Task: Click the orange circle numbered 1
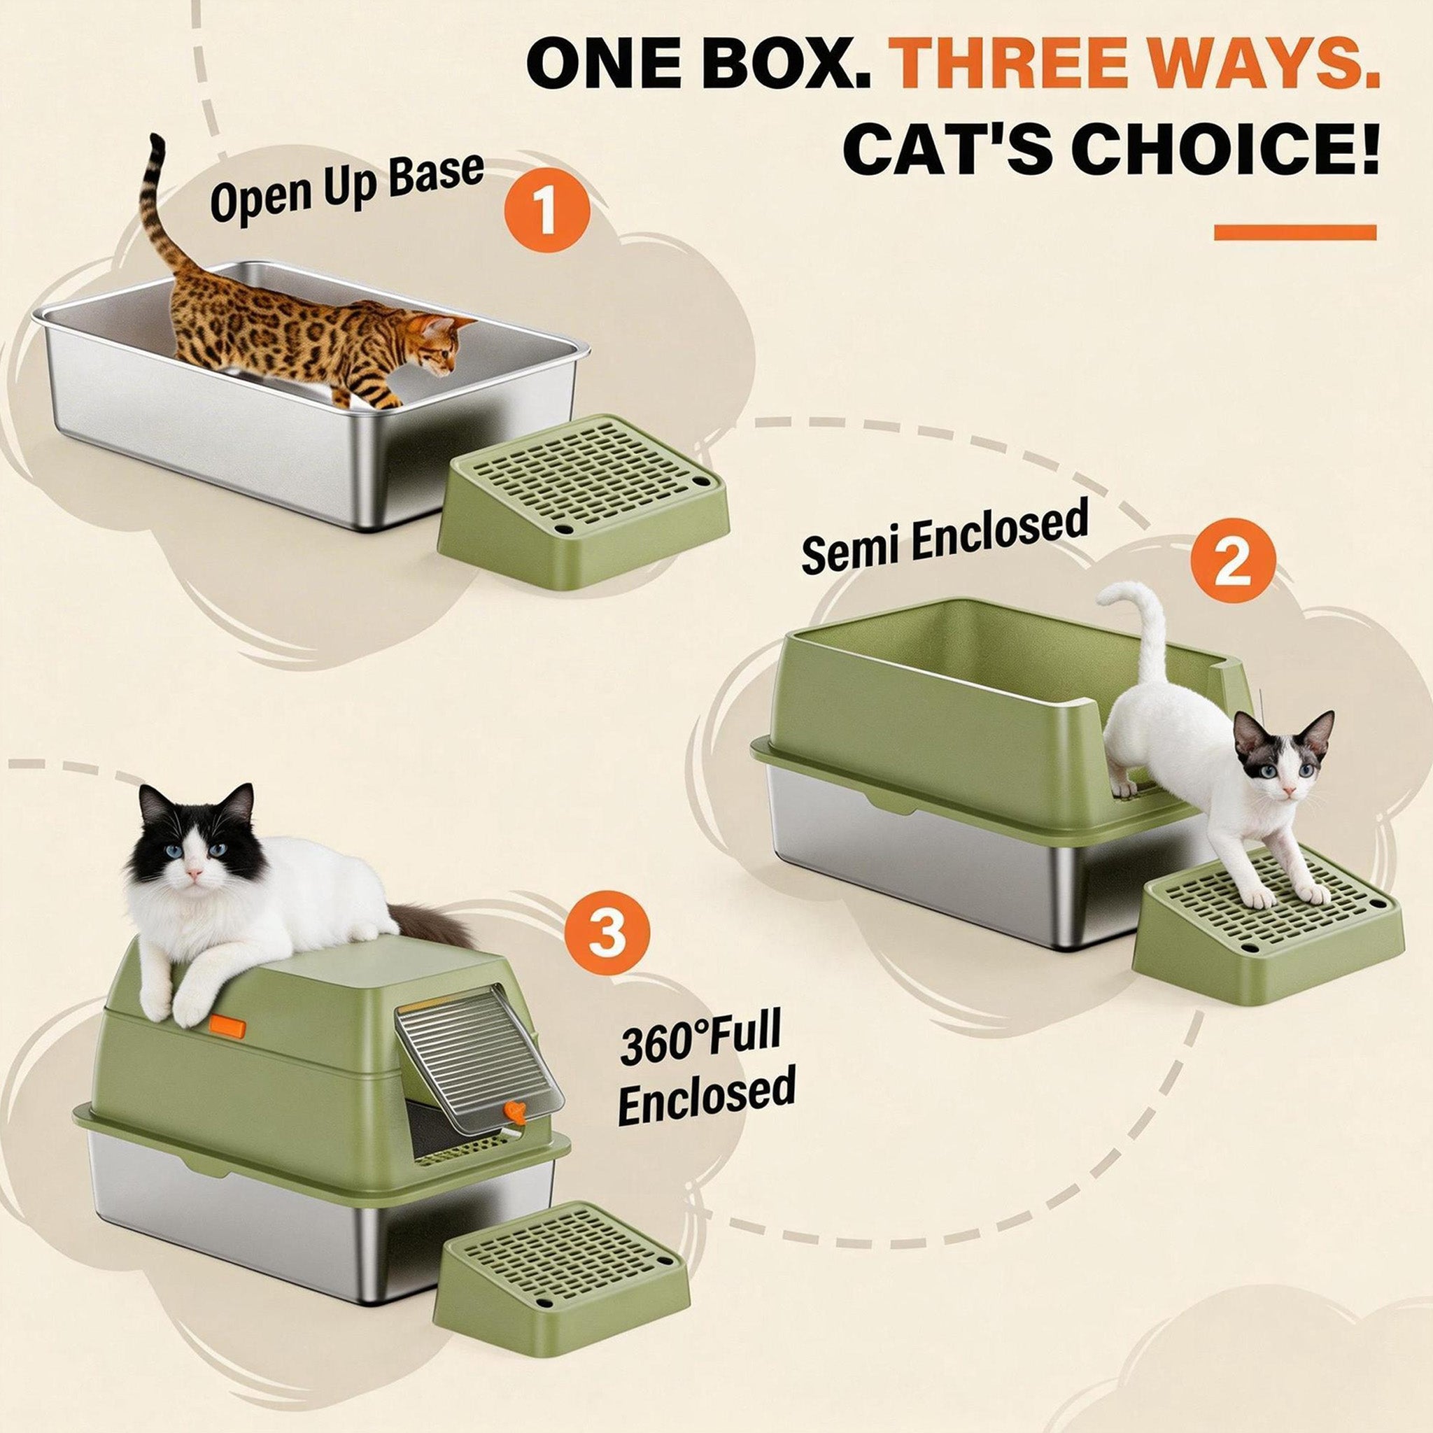point(546,210)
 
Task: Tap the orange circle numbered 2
point(1233,559)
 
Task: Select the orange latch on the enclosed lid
point(227,1026)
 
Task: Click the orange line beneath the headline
point(1295,232)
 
